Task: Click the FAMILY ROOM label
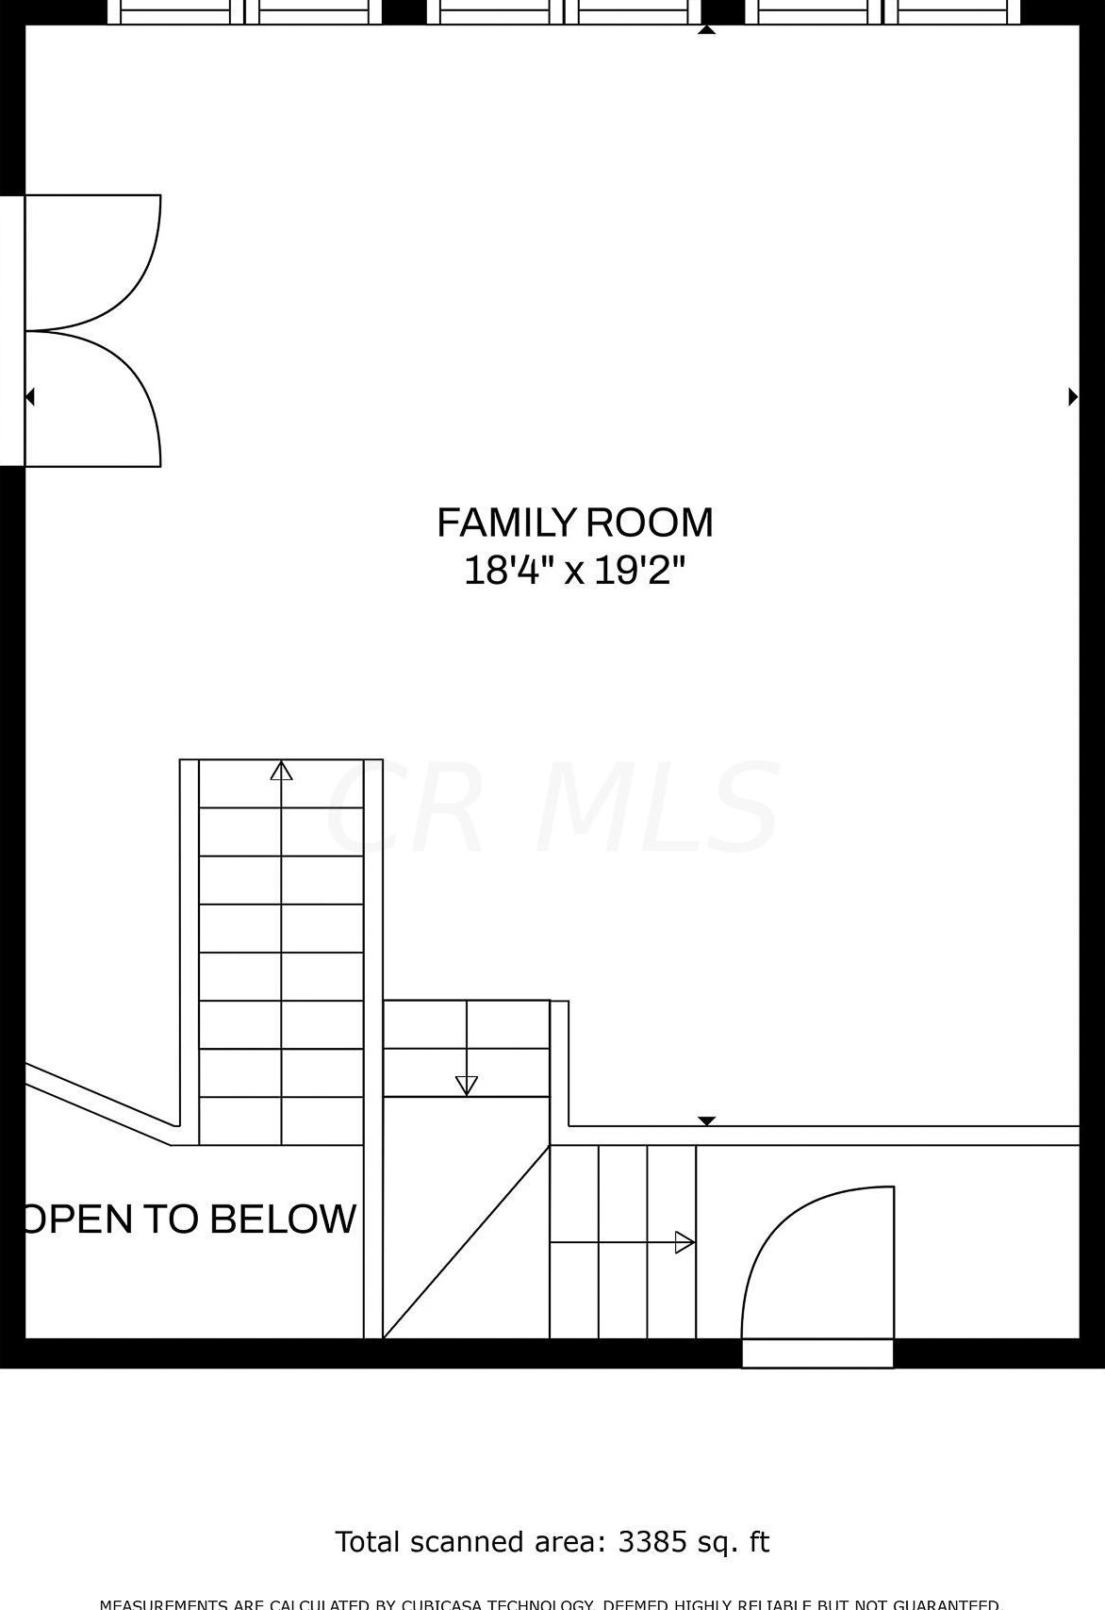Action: click(574, 523)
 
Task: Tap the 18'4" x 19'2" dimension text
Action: click(574, 571)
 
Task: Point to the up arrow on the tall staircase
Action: click(281, 772)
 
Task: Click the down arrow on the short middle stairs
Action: click(467, 1085)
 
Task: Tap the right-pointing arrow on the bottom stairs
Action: click(684, 1242)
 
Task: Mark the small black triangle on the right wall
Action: click(1072, 396)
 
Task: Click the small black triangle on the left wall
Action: click(30, 397)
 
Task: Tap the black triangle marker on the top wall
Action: click(706, 30)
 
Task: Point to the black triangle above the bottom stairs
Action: click(706, 1120)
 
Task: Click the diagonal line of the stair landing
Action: click(466, 1242)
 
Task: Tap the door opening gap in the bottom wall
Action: click(817, 1353)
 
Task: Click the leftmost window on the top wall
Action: click(177, 12)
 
